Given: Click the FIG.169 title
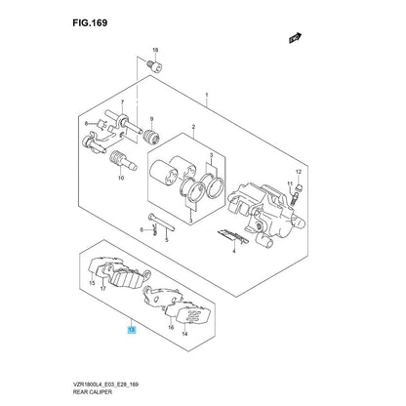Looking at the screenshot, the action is [90, 23].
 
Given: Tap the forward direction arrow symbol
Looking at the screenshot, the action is [296, 38].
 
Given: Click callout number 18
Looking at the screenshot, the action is [155, 50].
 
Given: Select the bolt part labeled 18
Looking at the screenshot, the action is [155, 66].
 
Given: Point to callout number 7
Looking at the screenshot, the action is [122, 101].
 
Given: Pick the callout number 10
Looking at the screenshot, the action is [121, 178].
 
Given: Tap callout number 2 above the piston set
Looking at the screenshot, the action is [193, 126].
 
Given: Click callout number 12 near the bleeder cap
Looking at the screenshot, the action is [299, 172].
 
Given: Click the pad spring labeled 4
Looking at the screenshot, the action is [232, 236].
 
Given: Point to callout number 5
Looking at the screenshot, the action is [166, 240].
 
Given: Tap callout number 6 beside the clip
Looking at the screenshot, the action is [142, 230].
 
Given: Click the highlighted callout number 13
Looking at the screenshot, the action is [132, 331].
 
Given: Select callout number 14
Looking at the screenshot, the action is [184, 334].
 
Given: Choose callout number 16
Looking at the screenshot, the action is [171, 328].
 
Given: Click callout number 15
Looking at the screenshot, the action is [92, 283].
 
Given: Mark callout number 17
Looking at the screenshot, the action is [102, 289].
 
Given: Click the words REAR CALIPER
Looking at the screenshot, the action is [93, 392].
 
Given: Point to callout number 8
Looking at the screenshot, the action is [86, 124].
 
